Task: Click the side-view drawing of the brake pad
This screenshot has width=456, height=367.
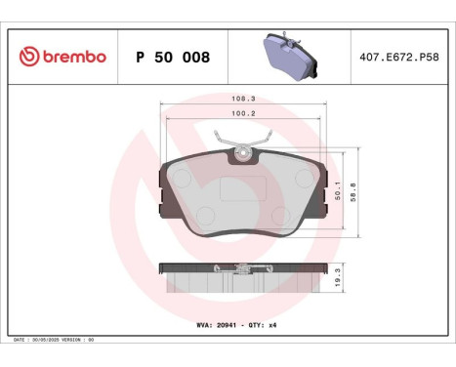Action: pos(241,278)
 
